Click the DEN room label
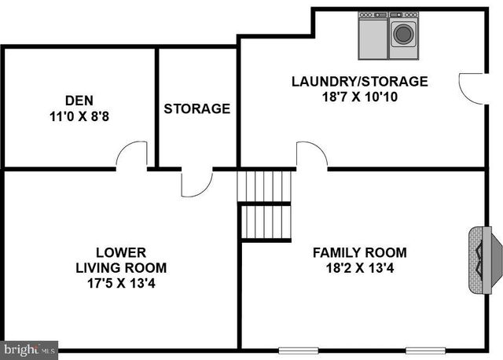[79, 101]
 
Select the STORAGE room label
[197, 108]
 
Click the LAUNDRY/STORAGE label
[359, 81]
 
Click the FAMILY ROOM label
[359, 252]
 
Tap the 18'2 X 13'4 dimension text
[359, 267]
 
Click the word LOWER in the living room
[120, 252]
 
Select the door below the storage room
[196, 182]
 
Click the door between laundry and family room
[311, 155]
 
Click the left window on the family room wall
[299, 350]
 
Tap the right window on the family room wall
[425, 350]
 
